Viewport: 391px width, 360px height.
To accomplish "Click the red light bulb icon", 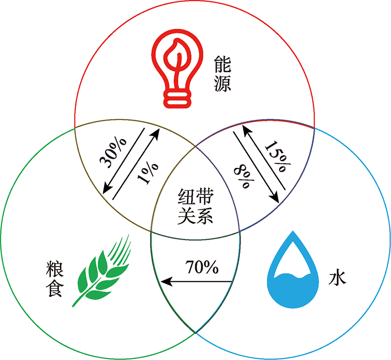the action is click(x=177, y=68).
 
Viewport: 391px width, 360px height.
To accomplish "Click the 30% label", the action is click(x=113, y=152).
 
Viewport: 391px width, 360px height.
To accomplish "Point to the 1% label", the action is click(x=148, y=173).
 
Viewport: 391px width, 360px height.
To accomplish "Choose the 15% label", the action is click(x=277, y=157).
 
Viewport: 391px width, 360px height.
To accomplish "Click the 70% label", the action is click(x=202, y=267).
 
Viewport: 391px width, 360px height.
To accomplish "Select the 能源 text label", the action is click(x=222, y=73).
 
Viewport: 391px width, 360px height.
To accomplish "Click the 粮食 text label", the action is click(x=55, y=279).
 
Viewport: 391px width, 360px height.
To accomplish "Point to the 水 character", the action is click(x=337, y=278).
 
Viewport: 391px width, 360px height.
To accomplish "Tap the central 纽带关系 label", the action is click(x=195, y=206).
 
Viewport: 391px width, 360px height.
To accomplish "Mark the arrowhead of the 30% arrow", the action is click(x=107, y=188).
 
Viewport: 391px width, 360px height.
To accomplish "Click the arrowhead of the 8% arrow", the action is click(x=275, y=197).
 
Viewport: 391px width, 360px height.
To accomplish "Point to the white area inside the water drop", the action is click(x=293, y=258).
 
